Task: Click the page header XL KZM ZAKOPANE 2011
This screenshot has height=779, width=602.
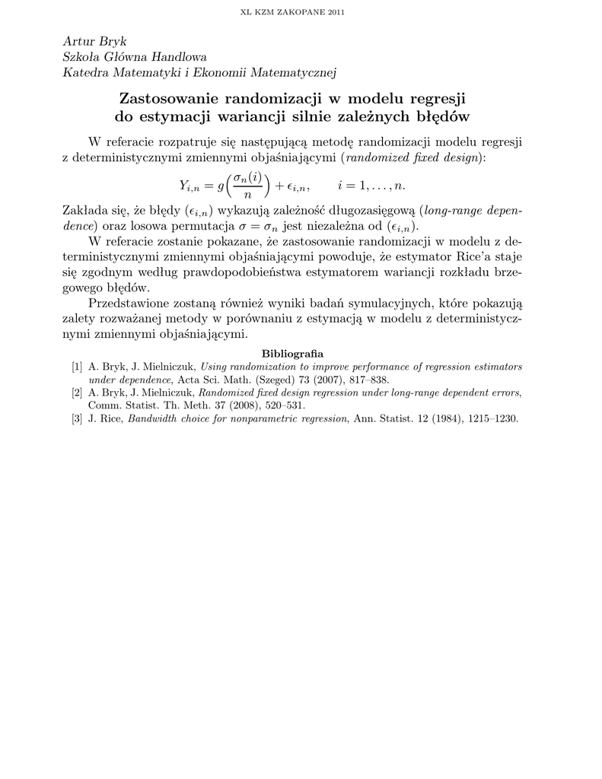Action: [301, 13]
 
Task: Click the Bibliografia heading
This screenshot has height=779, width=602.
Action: [292, 354]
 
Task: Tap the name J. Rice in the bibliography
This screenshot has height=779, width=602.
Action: [106, 419]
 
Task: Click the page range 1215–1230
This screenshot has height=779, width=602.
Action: [492, 419]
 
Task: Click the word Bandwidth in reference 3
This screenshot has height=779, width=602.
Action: [154, 419]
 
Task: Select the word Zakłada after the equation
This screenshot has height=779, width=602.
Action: [81, 211]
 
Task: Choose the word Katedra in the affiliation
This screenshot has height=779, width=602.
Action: [84, 72]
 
